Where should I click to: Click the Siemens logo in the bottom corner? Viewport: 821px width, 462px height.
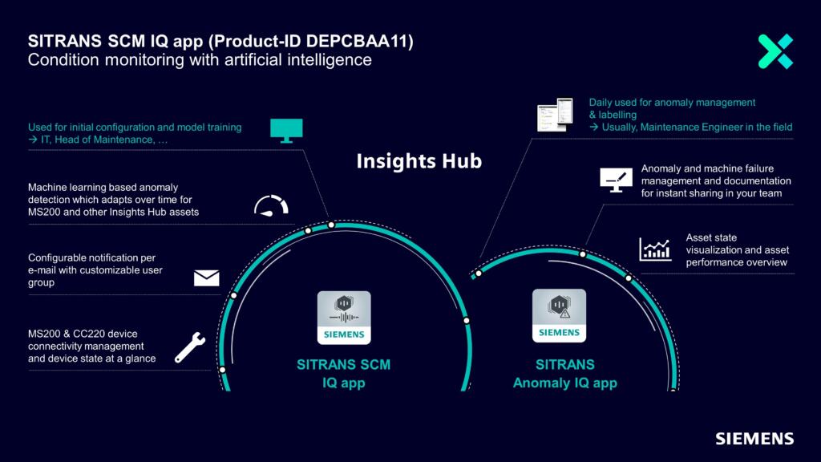pyautogui.click(x=754, y=439)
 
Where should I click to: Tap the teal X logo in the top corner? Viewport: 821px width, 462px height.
pyautogui.click(x=775, y=51)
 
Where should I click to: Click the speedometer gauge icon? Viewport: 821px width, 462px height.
pyautogui.click(x=271, y=206)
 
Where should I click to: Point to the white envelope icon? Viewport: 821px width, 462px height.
pyautogui.click(x=207, y=278)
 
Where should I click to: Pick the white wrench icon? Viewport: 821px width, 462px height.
pyautogui.click(x=189, y=347)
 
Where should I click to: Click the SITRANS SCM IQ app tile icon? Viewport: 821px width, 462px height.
pyautogui.click(x=344, y=318)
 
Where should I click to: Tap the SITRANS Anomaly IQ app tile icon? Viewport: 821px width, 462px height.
pyautogui.click(x=559, y=315)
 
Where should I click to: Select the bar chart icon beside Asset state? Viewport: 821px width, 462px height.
pyautogui.click(x=655, y=249)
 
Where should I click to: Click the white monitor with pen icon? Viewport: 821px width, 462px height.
pyautogui.click(x=617, y=180)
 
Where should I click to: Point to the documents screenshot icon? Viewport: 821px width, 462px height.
pyautogui.click(x=555, y=115)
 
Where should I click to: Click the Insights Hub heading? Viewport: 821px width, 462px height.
pyautogui.click(x=419, y=161)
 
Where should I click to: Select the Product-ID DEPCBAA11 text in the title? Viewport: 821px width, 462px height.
pyautogui.click(x=313, y=42)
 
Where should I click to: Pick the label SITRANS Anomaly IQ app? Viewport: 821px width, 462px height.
pyautogui.click(x=565, y=374)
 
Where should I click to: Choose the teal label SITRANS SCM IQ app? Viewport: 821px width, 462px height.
pyautogui.click(x=343, y=374)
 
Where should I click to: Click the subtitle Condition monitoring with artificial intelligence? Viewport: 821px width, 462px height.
pyautogui.click(x=200, y=60)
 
